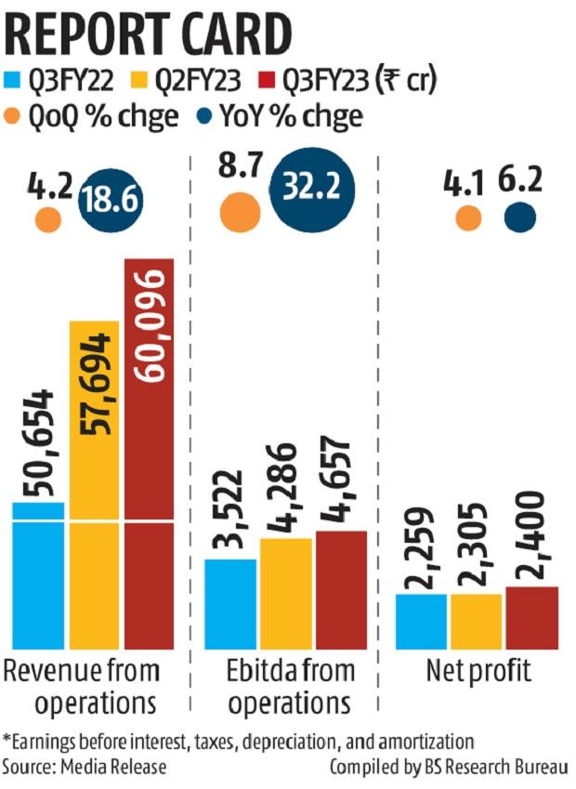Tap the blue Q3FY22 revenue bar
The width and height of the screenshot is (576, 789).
[38, 576]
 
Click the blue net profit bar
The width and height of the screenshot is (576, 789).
[422, 621]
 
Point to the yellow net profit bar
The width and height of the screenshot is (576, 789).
[475, 621]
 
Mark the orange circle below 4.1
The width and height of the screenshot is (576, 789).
[468, 218]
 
